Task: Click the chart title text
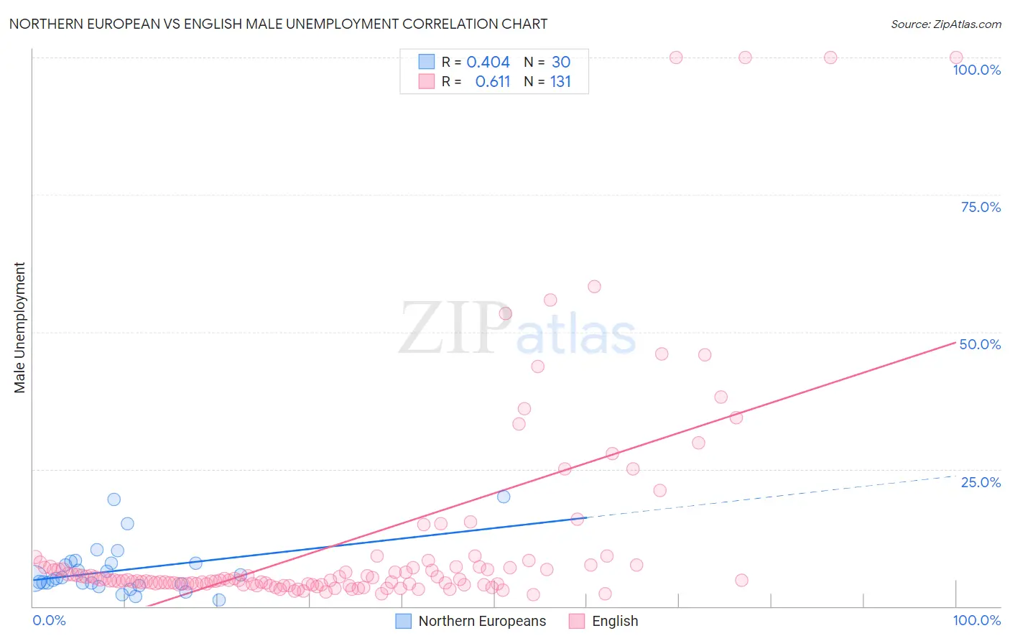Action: coord(278,24)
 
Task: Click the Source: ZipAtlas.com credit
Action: coord(946,24)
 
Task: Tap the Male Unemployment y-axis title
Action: coord(19,328)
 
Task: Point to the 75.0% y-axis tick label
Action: coord(981,207)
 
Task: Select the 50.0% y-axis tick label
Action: coord(980,345)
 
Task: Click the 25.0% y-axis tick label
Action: coord(981,482)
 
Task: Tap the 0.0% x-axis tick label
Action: coord(49,620)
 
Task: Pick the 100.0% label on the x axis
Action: coord(977,620)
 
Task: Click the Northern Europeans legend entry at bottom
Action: coord(471,621)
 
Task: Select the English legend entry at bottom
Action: coord(603,621)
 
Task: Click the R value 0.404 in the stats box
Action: coord(488,62)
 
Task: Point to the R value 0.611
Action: coord(492,82)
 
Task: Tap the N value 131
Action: coord(560,82)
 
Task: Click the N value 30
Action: coord(561,62)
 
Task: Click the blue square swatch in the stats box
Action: coord(427,61)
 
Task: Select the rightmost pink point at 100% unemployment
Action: coord(956,57)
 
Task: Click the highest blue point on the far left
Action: coord(114,499)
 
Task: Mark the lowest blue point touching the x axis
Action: coord(218,600)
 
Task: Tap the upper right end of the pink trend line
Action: coord(955,343)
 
